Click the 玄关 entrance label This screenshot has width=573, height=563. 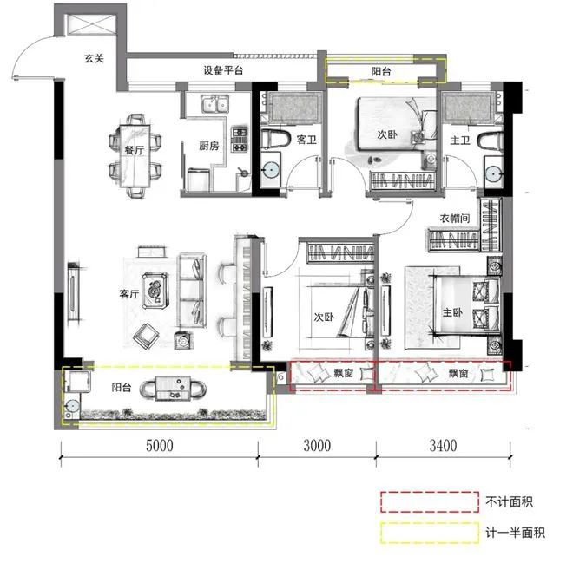[95, 59]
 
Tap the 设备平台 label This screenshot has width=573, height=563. [223, 71]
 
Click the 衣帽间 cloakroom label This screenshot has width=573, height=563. [454, 219]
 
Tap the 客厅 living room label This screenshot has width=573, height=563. [130, 295]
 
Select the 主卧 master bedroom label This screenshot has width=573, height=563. [459, 316]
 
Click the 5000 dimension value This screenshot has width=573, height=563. [159, 447]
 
